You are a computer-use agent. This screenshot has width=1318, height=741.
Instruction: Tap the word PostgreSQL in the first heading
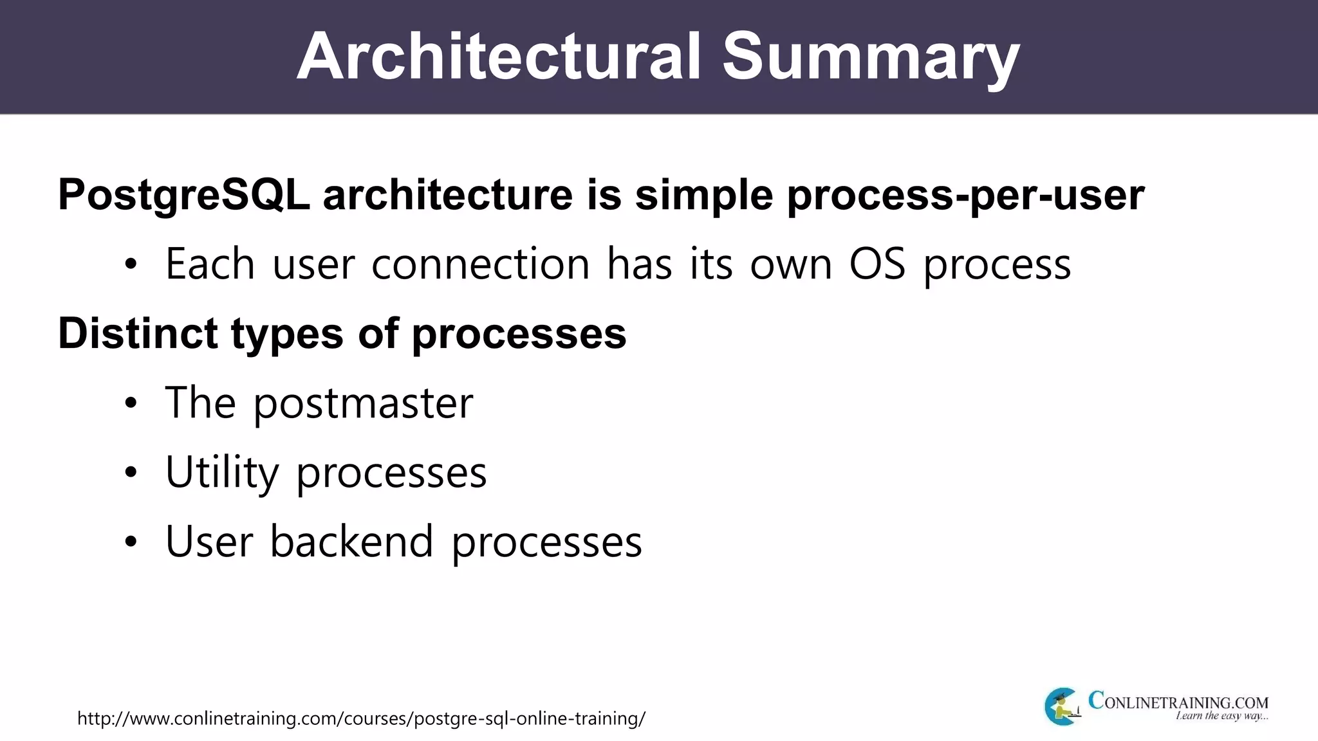[184, 194]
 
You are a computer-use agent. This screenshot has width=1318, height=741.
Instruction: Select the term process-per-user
[965, 194]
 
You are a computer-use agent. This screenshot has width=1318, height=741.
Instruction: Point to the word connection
[480, 264]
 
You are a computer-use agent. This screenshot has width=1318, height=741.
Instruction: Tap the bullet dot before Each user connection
[131, 265]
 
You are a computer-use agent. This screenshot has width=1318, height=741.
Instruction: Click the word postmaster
[363, 403]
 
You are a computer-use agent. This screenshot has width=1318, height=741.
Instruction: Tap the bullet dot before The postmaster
[131, 404]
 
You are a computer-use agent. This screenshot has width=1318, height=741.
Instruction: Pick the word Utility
[222, 473]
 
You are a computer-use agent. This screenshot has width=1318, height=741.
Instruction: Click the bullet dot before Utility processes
[131, 473]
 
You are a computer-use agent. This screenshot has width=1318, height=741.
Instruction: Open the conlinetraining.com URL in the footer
[361, 718]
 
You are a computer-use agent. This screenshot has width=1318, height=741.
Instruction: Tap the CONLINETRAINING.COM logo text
[1178, 701]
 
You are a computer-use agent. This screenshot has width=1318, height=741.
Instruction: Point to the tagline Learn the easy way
[1221, 716]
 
